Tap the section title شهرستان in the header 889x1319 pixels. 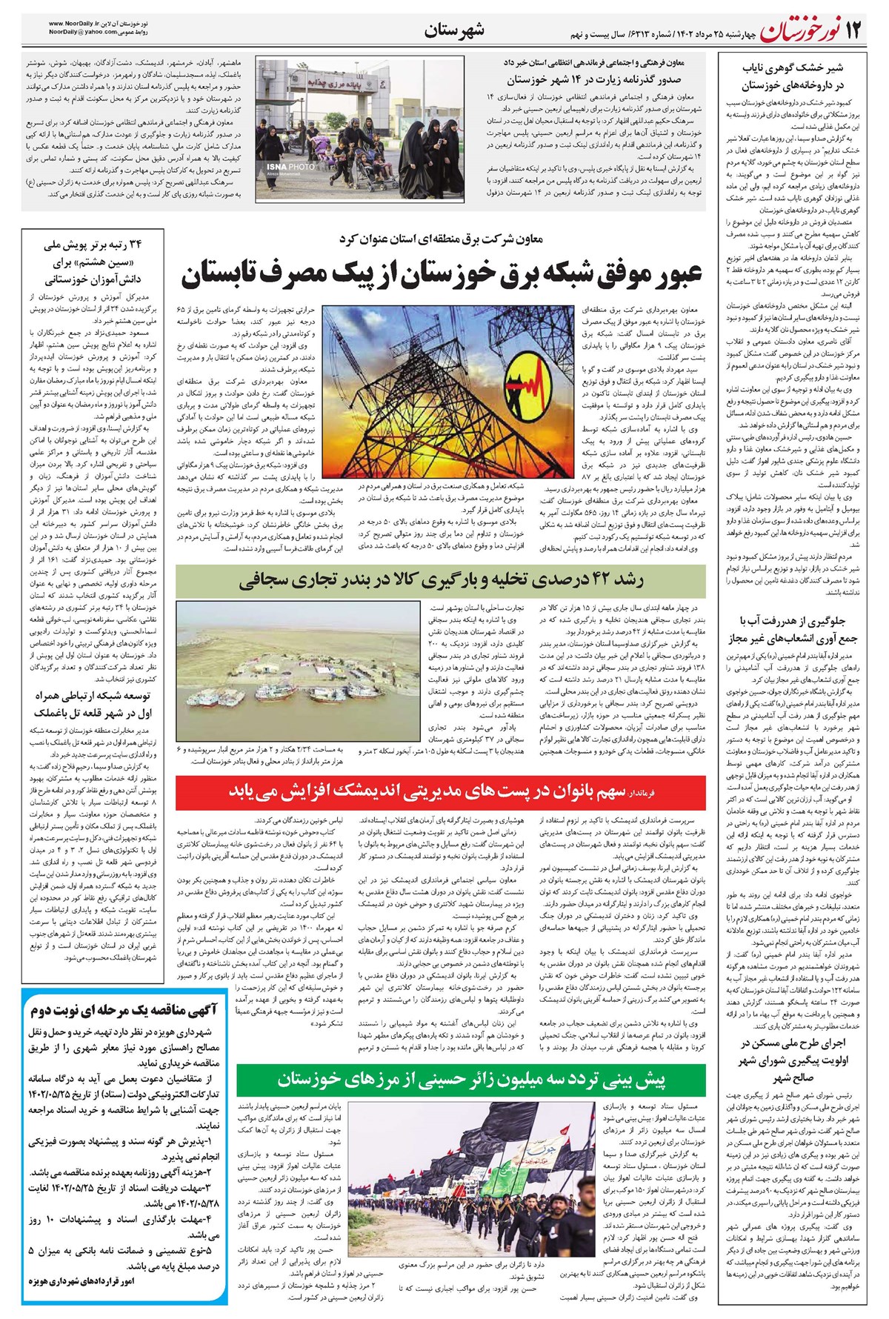coord(454,30)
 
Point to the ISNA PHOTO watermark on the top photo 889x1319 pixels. coord(291,168)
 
